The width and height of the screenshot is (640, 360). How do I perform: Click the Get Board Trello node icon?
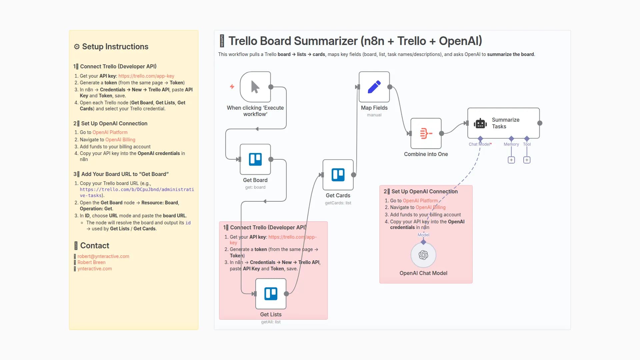tap(255, 159)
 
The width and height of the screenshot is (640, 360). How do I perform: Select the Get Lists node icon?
tap(271, 294)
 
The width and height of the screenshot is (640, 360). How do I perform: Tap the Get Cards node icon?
tap(338, 175)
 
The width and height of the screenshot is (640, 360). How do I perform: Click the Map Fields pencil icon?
tap(374, 87)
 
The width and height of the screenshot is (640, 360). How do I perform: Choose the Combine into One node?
tap(426, 133)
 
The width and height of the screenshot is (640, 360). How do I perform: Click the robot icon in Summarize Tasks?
tap(480, 123)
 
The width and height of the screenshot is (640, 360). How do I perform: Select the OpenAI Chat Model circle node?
tap(423, 255)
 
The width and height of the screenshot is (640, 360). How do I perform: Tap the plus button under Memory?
tap(511, 160)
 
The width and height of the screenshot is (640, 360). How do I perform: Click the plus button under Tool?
tap(527, 160)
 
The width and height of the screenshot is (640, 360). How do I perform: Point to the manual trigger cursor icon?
tap(255, 87)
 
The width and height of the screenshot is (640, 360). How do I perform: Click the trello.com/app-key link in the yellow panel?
tap(146, 76)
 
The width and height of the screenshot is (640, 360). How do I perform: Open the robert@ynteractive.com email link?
tap(103, 256)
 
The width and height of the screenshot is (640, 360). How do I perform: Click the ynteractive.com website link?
tap(95, 269)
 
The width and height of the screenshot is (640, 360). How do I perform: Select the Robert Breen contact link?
tap(91, 262)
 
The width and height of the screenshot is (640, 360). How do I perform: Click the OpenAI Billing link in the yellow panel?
tap(120, 140)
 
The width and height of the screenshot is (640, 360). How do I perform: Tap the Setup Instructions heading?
tap(115, 47)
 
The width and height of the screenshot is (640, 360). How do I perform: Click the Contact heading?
tap(95, 246)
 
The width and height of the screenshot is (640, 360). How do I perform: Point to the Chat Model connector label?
tap(480, 144)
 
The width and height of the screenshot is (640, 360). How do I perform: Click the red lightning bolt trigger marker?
tap(232, 87)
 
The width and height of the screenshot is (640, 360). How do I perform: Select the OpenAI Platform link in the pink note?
tap(420, 201)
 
